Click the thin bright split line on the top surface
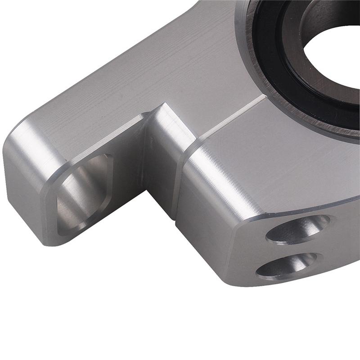tap(229, 118)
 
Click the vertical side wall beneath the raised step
tap(160, 180)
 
